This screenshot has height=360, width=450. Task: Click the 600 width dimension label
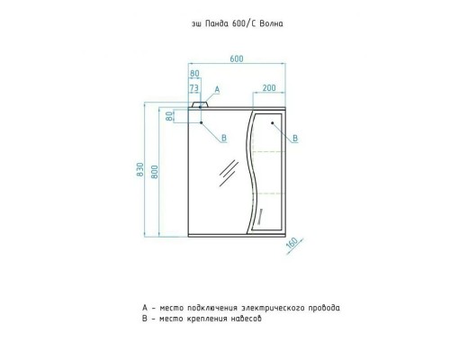[237, 58]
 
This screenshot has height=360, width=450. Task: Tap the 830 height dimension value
[140, 169]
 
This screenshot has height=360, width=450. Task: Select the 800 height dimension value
[154, 172]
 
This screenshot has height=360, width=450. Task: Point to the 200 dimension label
[269, 88]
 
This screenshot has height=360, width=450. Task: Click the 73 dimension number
[194, 88]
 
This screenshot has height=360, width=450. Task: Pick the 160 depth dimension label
[292, 243]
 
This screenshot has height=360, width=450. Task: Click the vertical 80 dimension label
[169, 116]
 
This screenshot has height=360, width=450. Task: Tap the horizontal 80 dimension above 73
[194, 74]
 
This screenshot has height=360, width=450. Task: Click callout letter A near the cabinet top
[217, 89]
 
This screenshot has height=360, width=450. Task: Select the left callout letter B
[224, 138]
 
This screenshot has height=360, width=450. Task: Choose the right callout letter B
[295, 138]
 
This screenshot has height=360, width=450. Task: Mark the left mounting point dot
[202, 122]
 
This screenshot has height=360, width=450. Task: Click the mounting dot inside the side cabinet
[273, 122]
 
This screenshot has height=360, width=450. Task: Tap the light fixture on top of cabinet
[200, 104]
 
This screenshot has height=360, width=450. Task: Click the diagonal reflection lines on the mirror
[229, 173]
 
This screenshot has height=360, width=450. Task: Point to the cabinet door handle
[260, 217]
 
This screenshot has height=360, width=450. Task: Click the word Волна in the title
[271, 23]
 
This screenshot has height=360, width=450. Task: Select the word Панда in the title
[217, 23]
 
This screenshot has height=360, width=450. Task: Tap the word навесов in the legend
[247, 319]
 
